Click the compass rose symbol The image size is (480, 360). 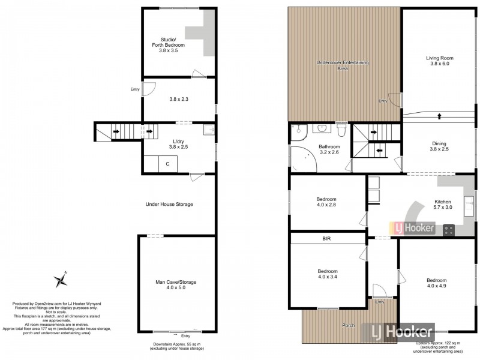pyautogui.click(x=60, y=279)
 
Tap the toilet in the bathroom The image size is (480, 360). pyautogui.click(x=341, y=130)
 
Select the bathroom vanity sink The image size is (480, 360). pyautogui.click(x=322, y=128)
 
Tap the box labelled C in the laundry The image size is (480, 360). pyautogui.click(x=167, y=163)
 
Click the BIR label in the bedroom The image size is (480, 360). pyautogui.click(x=327, y=239)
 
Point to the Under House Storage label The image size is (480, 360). pyautogui.click(x=169, y=204)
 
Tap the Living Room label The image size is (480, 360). pyautogui.click(x=439, y=58)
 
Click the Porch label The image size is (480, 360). pyautogui.click(x=347, y=326)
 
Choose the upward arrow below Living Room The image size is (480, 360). pyautogui.click(x=439, y=115)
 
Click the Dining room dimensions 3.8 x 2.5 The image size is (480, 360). pyautogui.click(x=439, y=150)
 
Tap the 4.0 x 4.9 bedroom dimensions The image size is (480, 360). pyautogui.click(x=436, y=287)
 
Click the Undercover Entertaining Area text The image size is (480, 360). pyautogui.click(x=343, y=65)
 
